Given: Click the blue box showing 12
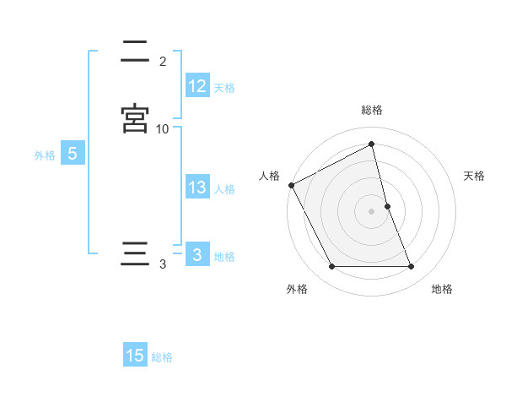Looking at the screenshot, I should [x=196, y=86].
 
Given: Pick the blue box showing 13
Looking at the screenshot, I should [x=196, y=188].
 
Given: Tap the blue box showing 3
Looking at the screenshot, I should [x=196, y=255].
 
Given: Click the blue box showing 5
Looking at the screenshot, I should [x=72, y=154].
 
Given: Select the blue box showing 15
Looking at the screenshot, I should [x=135, y=356].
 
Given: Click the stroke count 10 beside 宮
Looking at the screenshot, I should [x=163, y=128].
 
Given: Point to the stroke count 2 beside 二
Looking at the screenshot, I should [x=163, y=61].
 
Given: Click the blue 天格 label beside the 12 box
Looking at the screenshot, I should [x=224, y=87].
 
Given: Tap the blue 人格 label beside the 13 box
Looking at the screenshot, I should [x=224, y=188].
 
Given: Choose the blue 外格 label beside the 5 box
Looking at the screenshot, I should [x=45, y=155].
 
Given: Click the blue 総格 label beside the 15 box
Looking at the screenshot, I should [x=162, y=356].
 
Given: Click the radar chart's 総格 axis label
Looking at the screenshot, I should [x=372, y=110].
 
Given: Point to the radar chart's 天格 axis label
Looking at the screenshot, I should [x=475, y=176].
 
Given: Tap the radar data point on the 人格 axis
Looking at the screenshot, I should [x=291, y=185].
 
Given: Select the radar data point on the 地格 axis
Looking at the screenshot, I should [x=412, y=267].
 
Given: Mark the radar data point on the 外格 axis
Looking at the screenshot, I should [x=331, y=267].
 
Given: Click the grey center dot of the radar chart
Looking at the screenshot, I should [x=372, y=211].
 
